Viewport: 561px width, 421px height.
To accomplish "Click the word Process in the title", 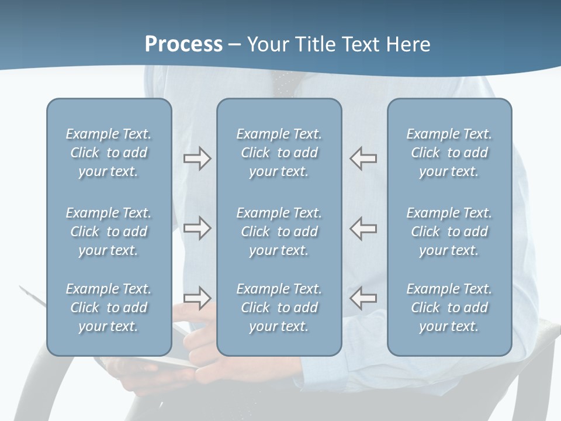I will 183,44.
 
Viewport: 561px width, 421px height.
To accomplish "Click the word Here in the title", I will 408,44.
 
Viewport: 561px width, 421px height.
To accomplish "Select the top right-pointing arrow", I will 197,158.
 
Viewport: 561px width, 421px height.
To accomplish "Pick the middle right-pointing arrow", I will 197,228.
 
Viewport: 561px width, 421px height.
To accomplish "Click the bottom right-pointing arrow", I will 197,298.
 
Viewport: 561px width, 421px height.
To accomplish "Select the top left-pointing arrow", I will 363,158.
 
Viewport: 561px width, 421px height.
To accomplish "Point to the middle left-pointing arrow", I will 363,228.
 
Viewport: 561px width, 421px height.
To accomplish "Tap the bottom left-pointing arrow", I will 363,298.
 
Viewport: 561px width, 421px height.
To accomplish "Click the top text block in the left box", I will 109,153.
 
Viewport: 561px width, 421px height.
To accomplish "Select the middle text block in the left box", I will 109,232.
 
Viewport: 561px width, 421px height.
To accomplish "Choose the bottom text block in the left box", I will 109,308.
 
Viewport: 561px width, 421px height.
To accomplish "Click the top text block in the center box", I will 279,153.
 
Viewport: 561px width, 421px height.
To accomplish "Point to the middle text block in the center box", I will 279,232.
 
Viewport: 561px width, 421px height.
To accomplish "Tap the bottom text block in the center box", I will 279,308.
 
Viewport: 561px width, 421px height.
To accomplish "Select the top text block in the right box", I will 449,153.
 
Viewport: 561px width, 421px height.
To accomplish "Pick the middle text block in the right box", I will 449,232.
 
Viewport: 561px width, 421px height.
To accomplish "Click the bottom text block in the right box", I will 449,308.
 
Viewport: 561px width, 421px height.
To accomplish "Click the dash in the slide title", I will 235,45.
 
